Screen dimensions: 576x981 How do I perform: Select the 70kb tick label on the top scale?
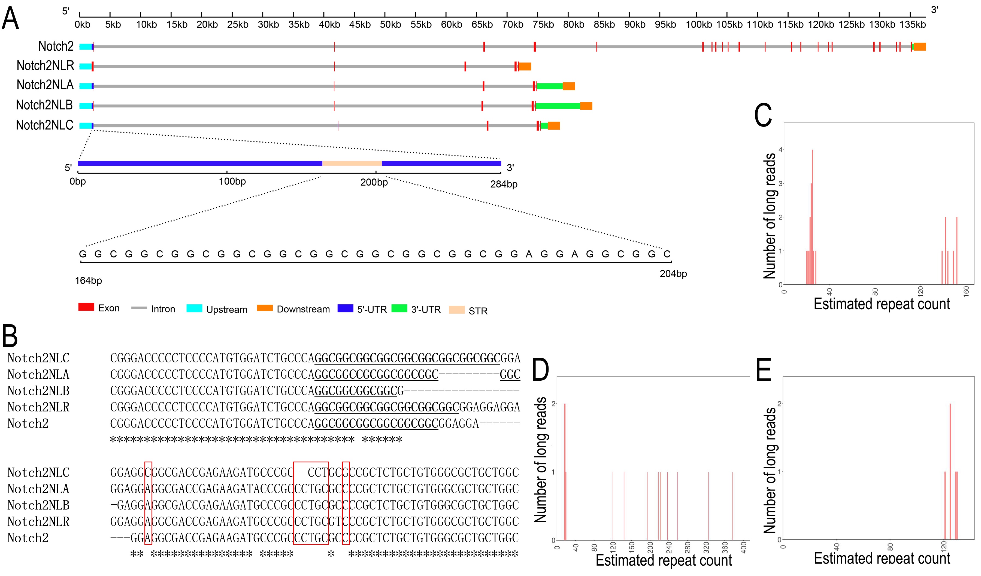click(512, 25)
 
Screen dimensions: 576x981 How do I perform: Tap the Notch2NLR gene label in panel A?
click(45, 65)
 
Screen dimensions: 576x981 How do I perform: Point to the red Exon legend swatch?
click(86, 307)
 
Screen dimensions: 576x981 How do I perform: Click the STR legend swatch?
click(457, 310)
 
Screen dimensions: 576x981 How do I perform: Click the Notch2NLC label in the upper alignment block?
click(38, 358)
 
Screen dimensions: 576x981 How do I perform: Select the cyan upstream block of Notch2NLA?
click(86, 86)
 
